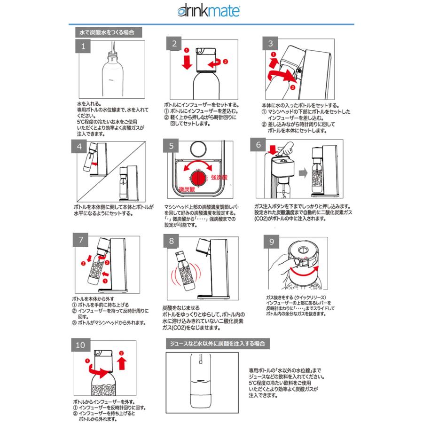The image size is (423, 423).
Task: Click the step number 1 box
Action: [83, 46]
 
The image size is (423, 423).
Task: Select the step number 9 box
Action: [272, 242]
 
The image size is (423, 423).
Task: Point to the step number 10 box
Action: [80, 345]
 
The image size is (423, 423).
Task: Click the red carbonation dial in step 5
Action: [197, 177]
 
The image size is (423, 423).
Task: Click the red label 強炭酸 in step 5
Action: [219, 179]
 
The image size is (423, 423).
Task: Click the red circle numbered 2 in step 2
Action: [225, 62]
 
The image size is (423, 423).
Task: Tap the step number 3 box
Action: [270, 44]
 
